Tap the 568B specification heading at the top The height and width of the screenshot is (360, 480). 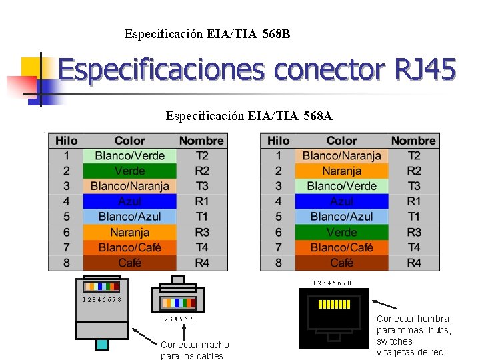pos(207,33)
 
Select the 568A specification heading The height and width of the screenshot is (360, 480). pos(249,117)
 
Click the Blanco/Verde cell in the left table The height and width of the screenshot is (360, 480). pos(129,155)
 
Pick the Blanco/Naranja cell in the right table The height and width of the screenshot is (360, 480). pos(341,155)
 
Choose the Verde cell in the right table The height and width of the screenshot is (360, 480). pos(341,232)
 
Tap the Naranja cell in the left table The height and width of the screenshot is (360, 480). pos(129,232)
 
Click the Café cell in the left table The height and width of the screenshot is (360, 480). pos(129,263)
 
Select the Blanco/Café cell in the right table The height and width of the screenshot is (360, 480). pos(341,247)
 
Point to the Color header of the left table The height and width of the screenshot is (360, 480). pos(129,141)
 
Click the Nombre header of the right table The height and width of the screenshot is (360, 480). pos(413,141)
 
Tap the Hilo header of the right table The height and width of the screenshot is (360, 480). pos(278,141)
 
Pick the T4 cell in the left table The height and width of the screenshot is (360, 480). pos(201,247)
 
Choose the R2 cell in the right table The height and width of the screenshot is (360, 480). pos(413,171)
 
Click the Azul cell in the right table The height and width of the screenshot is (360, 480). pos(341,201)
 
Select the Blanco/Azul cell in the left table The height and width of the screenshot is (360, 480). pos(129,217)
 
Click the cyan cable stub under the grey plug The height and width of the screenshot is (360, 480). pos(101,345)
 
